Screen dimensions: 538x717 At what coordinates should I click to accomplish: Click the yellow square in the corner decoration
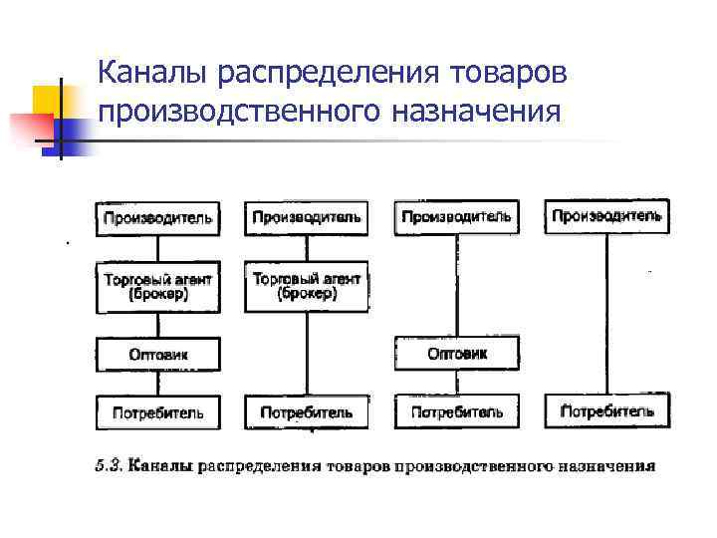[x=48, y=101]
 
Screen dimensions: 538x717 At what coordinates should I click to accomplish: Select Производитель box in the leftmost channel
[x=157, y=218]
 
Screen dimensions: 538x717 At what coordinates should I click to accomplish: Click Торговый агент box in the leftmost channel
[x=157, y=287]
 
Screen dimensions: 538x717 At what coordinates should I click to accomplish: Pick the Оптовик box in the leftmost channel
[x=157, y=354]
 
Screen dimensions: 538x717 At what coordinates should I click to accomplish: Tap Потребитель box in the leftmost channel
[x=157, y=411]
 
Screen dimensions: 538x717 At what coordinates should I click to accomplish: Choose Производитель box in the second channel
[x=307, y=218]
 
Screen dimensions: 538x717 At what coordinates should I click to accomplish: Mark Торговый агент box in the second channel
[x=307, y=286]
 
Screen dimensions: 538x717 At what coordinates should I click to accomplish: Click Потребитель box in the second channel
[x=307, y=411]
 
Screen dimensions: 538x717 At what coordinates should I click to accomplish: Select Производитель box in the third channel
[x=456, y=216]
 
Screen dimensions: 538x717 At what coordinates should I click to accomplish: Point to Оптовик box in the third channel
[x=456, y=354]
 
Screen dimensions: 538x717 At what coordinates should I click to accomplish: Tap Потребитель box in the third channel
[x=456, y=411]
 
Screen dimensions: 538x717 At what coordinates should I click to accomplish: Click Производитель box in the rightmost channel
[x=606, y=216]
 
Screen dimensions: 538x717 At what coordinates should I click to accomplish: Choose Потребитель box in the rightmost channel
[x=606, y=410]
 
